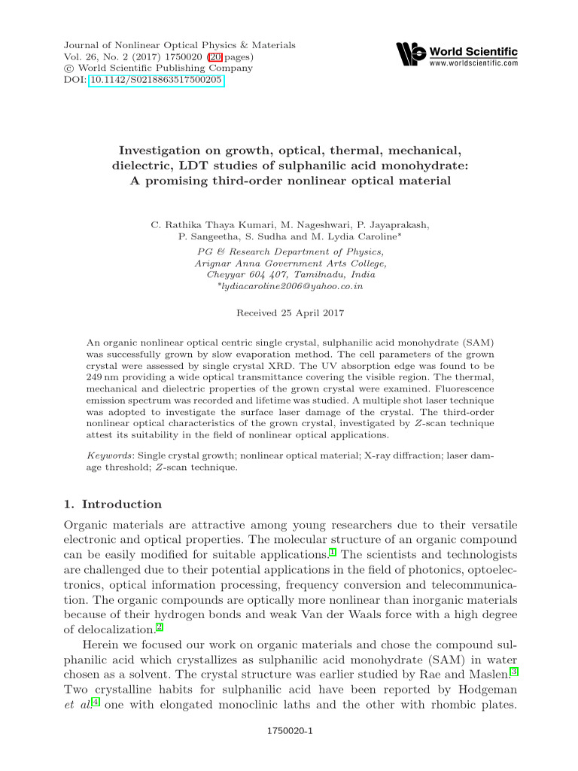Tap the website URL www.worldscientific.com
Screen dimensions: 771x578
click(473, 64)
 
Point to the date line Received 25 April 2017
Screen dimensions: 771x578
click(291, 312)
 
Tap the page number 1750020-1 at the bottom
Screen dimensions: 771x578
click(290, 730)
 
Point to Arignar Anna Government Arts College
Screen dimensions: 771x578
click(291, 263)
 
